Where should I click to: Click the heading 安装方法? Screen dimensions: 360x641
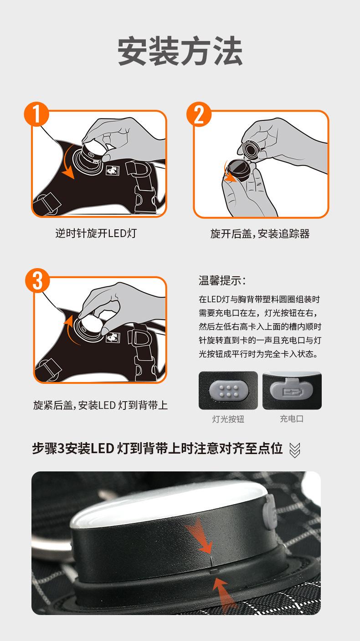180,52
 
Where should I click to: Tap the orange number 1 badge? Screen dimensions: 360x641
36,114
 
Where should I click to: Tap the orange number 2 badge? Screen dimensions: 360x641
199,114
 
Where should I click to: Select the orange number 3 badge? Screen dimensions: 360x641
37,280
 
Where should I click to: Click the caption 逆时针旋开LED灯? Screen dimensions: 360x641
96,233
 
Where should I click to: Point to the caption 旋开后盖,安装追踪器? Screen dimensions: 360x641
260,233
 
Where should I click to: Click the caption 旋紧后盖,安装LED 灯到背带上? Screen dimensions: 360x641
100,405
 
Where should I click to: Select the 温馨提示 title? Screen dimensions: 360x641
222,280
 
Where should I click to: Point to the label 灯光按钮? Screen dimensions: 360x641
228,419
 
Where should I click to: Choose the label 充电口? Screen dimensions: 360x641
291,419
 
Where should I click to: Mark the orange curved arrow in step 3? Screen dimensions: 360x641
69,329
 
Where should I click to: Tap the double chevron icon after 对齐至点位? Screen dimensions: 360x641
294,450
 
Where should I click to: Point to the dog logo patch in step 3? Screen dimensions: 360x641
113,338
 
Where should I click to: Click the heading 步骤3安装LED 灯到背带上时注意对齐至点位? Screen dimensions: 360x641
157,449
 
